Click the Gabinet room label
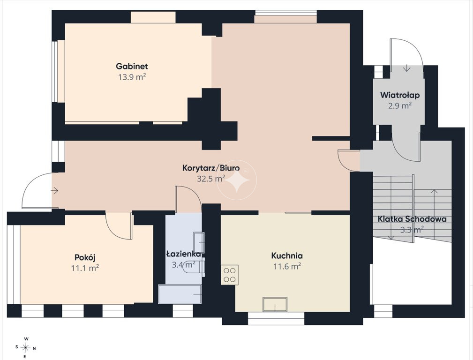coord(132,66)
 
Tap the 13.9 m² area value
coord(132,77)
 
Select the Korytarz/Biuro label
coord(211,168)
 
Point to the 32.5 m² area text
coord(211,179)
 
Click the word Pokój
coord(85,257)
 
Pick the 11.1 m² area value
coord(85,268)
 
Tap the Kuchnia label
coord(287,255)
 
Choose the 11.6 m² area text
coord(287,266)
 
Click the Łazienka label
coord(184,254)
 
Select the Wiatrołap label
coord(400,95)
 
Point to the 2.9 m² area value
coord(400,105)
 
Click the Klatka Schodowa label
coord(412,219)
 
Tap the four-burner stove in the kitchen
coord(230,275)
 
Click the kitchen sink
coord(275,304)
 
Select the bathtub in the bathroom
coord(180,294)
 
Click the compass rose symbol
coord(26,348)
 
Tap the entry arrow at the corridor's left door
coord(54,191)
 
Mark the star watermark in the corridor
coord(237,180)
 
